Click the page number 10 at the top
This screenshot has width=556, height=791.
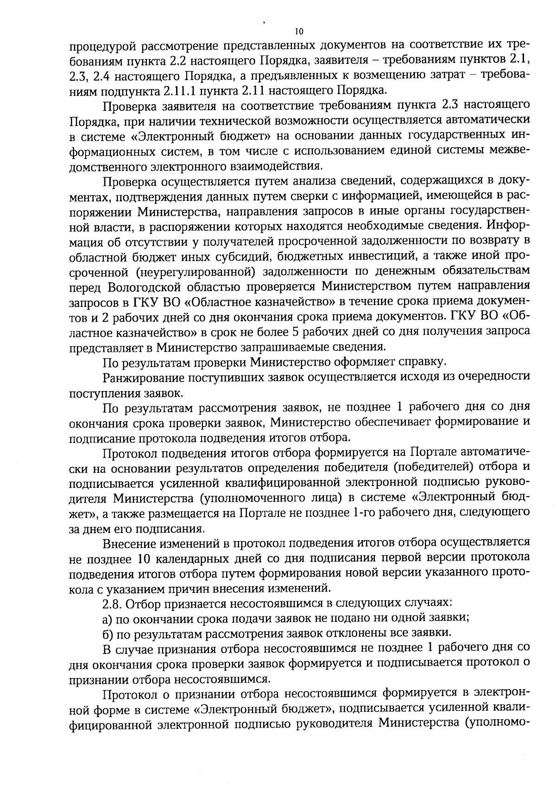coord(298,31)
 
